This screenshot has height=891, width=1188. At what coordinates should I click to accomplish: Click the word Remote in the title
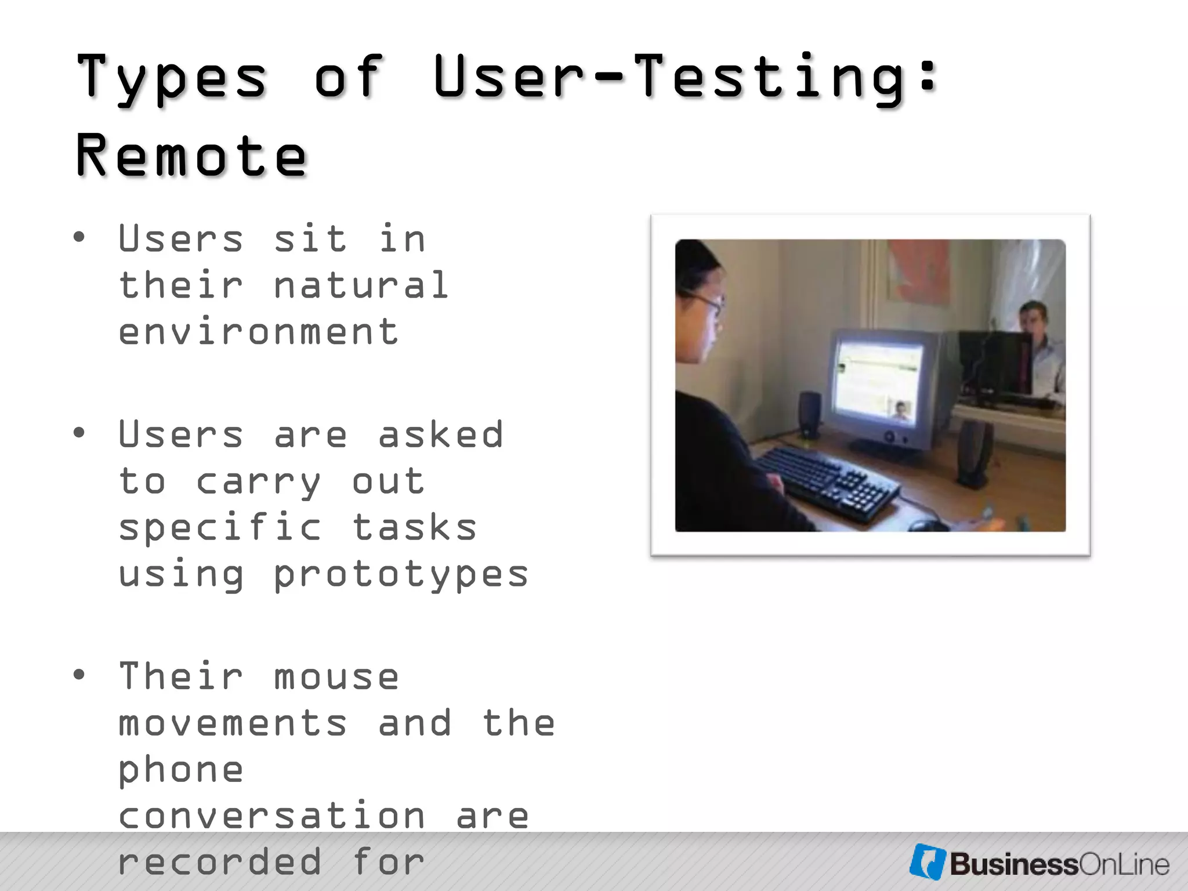click(x=191, y=155)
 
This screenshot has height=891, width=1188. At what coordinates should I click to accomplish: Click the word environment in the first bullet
click(x=259, y=332)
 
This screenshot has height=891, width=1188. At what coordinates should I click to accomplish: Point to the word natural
click(x=361, y=285)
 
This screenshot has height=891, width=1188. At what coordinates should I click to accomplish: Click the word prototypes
click(x=400, y=574)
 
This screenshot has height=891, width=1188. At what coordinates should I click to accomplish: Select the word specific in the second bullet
click(x=220, y=528)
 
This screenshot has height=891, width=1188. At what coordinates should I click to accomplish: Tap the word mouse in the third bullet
click(x=336, y=677)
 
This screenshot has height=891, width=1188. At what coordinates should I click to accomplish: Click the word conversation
click(x=271, y=816)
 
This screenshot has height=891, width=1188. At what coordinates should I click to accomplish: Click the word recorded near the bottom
click(x=220, y=862)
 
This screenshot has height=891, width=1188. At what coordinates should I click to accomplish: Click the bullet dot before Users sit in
click(x=79, y=237)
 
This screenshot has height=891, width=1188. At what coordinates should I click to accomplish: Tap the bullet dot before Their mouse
click(x=79, y=675)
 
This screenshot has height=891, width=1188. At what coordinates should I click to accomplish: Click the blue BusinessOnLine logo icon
click(x=927, y=862)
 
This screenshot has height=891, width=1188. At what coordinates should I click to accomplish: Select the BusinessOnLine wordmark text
click(x=1059, y=864)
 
